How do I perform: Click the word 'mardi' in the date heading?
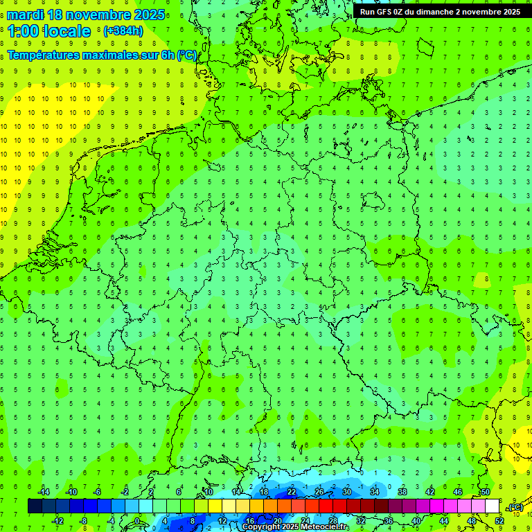coord(27,15)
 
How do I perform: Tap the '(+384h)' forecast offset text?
coord(123,31)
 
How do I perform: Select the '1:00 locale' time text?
coord(49,31)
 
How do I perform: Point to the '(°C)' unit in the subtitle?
coord(186,55)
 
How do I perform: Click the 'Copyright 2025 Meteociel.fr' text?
coord(296,527)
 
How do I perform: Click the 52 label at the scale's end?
coord(499,521)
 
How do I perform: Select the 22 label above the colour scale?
coord(292,492)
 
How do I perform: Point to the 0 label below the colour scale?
coord(137,521)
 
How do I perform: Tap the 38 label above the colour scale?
coord(402,492)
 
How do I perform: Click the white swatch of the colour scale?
coord(493,506)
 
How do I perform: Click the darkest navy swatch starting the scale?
coord(35,506)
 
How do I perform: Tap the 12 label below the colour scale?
coord(222,521)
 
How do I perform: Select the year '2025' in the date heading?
coord(149,15)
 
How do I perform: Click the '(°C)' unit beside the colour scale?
coord(516,508)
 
